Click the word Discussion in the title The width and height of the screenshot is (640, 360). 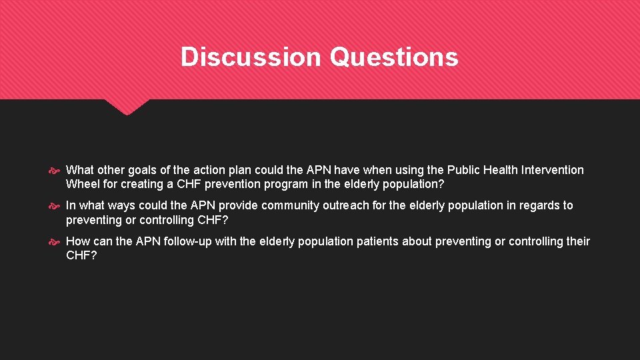coord(251,57)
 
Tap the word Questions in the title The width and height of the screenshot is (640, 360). coord(394,57)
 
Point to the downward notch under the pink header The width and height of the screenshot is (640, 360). coord(127,107)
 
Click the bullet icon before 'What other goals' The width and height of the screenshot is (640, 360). coord(56,171)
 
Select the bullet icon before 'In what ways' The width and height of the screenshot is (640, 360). coord(56,206)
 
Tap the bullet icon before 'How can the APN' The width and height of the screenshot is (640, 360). coord(56,242)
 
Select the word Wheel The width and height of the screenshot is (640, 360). coord(81,184)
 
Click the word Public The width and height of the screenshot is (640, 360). coord(464,170)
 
